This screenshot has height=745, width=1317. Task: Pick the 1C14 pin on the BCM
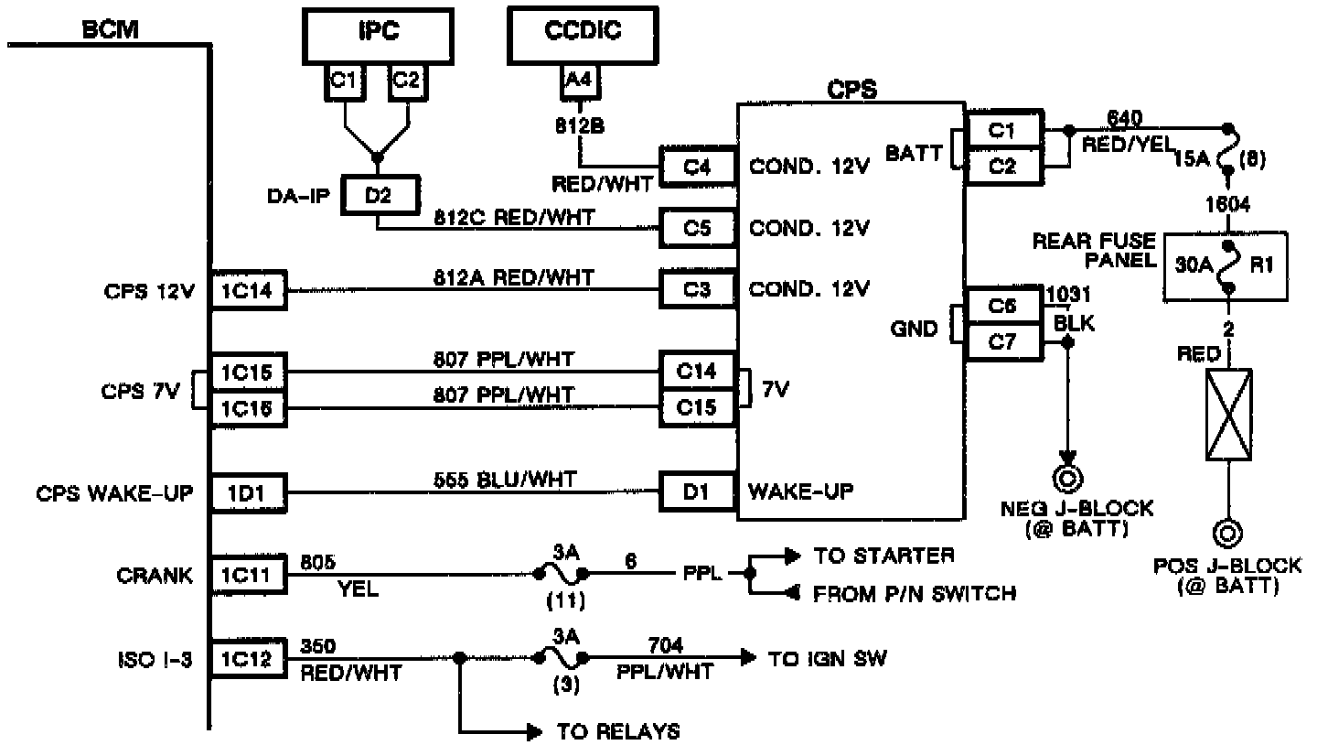coord(248,292)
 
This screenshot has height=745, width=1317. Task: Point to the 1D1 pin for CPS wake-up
coord(248,492)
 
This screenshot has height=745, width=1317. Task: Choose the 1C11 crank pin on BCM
coord(248,576)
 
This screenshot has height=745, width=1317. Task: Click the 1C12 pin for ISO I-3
coord(248,659)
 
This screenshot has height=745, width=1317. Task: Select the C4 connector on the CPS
coord(698,167)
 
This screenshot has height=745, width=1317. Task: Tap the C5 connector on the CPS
coord(698,228)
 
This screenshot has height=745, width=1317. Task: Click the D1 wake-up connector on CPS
coord(698,492)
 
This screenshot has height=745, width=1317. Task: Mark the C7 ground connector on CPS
coord(1003,343)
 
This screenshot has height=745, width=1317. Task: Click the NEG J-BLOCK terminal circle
coord(1066,478)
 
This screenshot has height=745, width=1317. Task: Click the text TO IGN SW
coord(828,658)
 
